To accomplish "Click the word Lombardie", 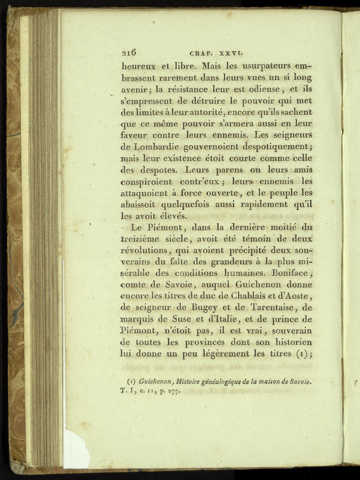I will click(151, 147).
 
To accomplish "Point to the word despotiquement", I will click(269, 147).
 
